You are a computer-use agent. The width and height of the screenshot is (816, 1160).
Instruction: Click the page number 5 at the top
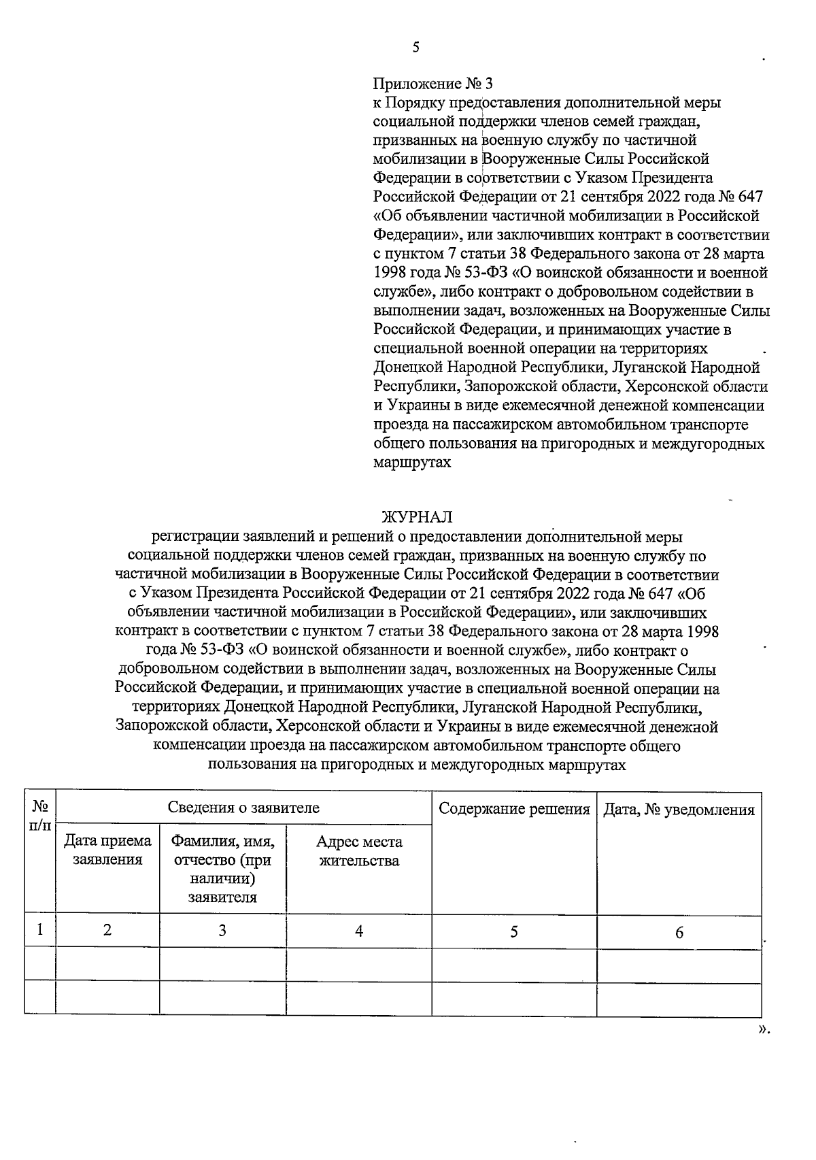pos(416,48)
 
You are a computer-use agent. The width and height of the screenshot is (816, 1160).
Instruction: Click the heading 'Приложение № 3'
pos(432,84)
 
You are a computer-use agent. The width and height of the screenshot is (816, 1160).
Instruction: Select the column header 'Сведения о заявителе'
pos(243,808)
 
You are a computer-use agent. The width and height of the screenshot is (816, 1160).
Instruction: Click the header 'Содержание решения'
pos(514,809)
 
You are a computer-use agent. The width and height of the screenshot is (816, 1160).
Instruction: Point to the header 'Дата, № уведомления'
pos(679,810)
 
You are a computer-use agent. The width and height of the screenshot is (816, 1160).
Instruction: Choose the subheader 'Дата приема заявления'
pos(107,850)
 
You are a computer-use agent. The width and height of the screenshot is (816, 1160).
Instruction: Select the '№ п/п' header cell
pos(40,815)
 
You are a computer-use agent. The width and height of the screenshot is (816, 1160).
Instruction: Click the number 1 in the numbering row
pos(40,929)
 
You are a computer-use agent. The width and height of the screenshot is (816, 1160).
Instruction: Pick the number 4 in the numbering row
pos(359,931)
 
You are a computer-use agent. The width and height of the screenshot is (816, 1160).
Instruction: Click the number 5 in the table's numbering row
pos(514,931)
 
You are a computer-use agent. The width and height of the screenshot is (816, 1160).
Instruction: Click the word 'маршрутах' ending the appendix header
pos(412,463)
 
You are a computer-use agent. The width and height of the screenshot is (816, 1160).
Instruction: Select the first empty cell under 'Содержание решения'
pos(514,964)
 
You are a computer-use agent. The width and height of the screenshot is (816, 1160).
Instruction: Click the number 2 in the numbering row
pos(107,930)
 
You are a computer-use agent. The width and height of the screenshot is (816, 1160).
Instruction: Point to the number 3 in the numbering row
pos(222,930)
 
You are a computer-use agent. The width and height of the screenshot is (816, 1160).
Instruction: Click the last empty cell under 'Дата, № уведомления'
pos(679,997)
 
